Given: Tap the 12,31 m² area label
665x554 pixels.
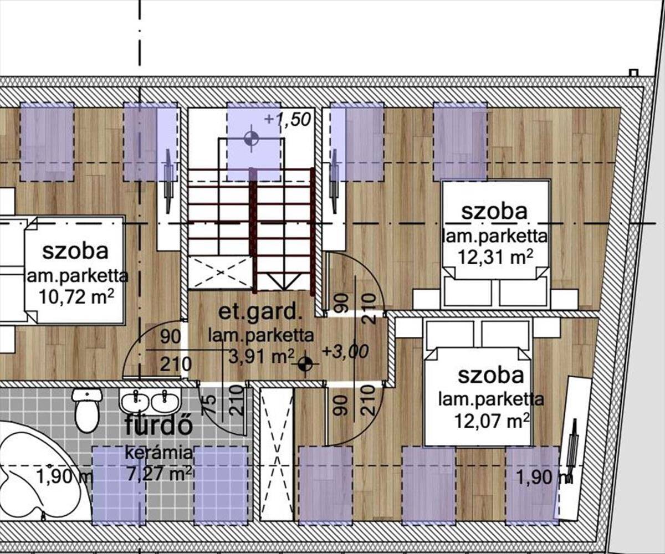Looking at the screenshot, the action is [x=495, y=258].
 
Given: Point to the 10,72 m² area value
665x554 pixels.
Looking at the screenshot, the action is [x=76, y=297].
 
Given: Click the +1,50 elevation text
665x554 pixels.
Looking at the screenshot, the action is [x=287, y=120].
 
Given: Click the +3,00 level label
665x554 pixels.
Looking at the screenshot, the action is [x=346, y=351].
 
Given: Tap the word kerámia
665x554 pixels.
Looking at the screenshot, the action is [x=158, y=453].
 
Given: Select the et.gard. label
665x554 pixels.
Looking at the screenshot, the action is [x=260, y=312].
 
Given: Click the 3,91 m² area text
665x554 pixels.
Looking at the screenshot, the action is [x=261, y=357].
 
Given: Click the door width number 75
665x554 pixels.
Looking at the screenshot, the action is [x=210, y=404].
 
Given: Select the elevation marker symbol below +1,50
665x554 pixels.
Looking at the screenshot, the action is [x=251, y=138].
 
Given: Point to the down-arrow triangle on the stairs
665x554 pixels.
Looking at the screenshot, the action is [x=283, y=281].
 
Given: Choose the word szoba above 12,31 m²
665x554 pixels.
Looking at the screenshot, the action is [x=494, y=212].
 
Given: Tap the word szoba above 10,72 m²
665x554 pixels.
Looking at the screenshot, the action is [x=75, y=251].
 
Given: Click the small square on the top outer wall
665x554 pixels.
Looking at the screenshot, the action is [x=634, y=73].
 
